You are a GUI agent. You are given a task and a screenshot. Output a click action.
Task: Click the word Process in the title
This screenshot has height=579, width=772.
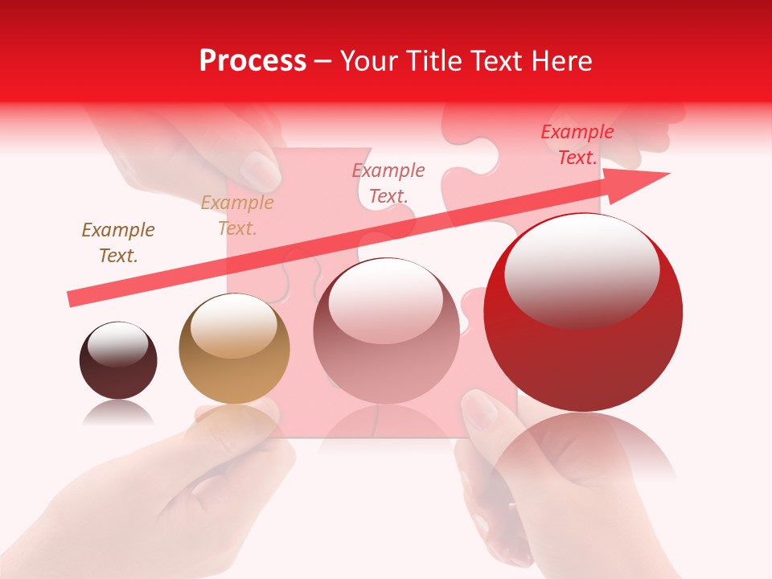tap(253, 61)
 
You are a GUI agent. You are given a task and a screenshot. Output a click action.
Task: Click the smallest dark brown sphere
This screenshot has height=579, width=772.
tap(118, 361)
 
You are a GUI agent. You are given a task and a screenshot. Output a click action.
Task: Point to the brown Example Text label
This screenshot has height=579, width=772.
tap(118, 243)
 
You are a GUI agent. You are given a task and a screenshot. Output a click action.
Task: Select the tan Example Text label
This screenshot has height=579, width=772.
tap(237, 216)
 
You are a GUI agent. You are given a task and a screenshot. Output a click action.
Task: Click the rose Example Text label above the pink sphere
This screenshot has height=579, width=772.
tap(388, 183)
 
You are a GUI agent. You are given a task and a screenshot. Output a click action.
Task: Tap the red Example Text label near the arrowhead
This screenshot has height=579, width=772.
tap(577, 145)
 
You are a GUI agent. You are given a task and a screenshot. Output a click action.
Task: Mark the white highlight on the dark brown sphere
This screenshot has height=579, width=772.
tap(118, 344)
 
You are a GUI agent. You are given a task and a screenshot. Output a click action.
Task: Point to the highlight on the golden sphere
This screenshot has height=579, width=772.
tap(234, 325)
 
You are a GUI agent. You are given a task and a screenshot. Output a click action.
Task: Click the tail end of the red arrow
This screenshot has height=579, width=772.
tap(76, 298)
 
